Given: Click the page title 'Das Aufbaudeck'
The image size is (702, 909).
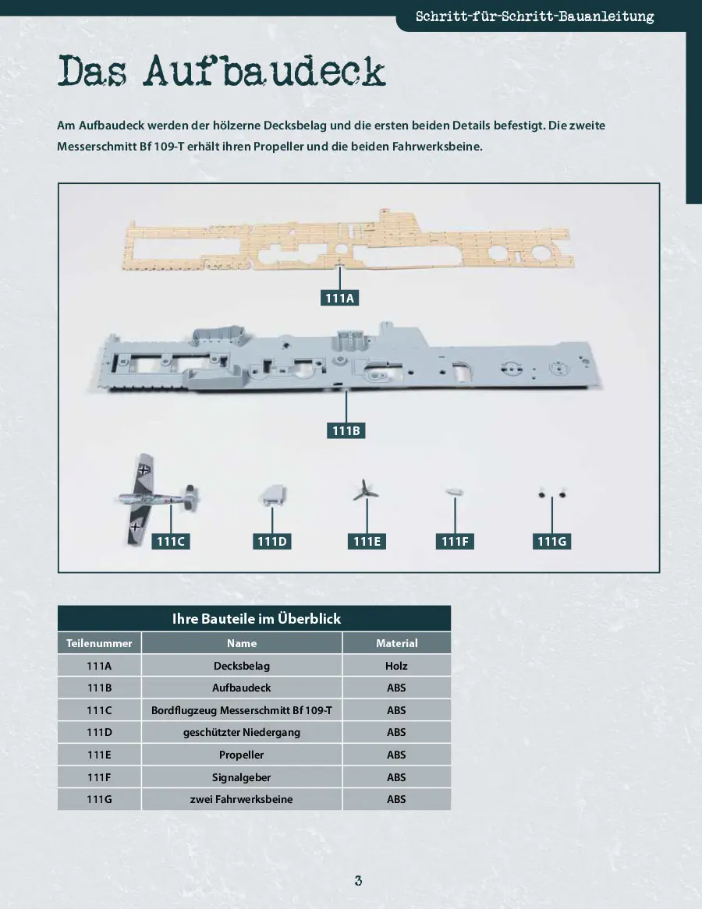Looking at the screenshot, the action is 221,71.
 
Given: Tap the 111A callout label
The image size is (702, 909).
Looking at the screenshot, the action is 339,298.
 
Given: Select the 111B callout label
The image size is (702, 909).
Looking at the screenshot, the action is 346,431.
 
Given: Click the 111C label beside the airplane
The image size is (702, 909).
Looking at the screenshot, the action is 171,542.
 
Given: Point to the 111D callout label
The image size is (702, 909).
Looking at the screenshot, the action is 272,542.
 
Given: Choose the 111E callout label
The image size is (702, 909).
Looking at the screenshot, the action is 367,542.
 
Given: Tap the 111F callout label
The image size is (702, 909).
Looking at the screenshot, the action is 454,542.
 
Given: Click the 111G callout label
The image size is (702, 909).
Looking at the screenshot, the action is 551,542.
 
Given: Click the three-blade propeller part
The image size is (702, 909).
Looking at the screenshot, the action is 365,491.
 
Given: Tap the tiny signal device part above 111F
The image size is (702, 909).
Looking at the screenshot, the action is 454,492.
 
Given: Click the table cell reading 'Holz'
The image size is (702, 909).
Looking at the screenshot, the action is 396,666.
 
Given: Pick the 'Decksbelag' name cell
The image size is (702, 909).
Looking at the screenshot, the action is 241,666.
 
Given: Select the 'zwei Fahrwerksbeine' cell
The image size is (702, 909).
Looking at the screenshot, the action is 241,799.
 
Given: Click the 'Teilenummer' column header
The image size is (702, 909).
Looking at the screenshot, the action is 99,643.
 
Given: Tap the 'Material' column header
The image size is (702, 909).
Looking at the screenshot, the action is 396,643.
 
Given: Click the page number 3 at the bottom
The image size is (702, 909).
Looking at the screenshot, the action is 358,881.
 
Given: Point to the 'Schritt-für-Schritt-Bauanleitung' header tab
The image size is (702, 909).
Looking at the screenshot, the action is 534,16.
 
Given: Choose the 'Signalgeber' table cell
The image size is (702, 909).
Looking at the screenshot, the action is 241,776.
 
